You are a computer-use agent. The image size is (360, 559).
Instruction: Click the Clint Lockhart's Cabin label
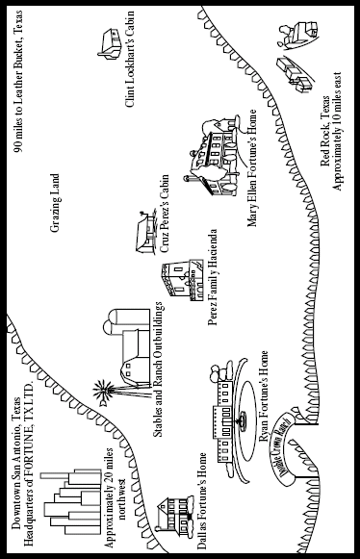pos(130,60)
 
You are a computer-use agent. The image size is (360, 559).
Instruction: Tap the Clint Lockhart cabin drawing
pos(110,44)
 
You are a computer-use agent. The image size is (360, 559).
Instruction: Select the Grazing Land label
pos(55,203)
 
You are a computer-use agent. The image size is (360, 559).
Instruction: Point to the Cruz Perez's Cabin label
pos(165,214)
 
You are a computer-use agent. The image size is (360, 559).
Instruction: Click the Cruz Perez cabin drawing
pos(146,233)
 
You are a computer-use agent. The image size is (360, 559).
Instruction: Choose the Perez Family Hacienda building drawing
pos(182,281)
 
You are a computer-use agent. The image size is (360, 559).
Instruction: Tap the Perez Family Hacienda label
pos(213,277)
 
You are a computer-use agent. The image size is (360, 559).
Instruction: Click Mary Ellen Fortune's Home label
pos(252,168)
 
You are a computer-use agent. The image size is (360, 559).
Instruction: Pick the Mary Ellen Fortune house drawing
pos(214,155)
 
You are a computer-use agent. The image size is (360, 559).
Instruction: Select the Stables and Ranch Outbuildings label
pos(158,369)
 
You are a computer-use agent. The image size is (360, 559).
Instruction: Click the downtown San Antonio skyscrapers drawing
pos(72,503)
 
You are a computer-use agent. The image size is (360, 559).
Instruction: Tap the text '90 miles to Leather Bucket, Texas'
pos(18,81)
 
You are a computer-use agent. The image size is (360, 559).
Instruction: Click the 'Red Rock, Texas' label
pos(325,131)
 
